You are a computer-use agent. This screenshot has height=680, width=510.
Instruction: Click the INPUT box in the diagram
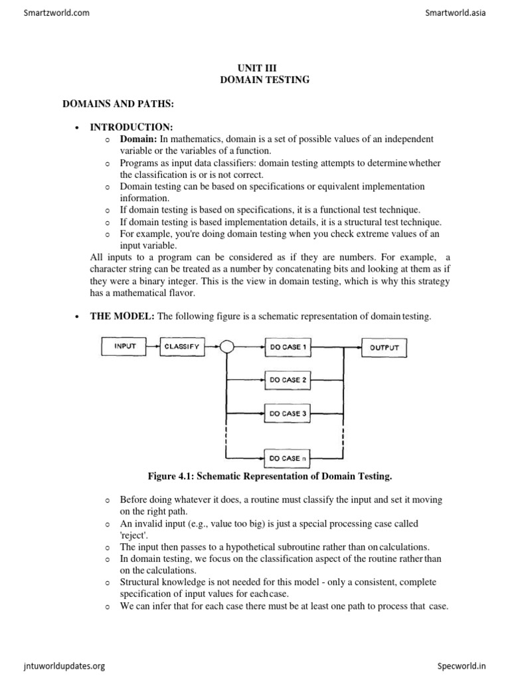coord(125,347)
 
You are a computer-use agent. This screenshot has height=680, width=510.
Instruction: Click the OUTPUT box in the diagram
coord(384,347)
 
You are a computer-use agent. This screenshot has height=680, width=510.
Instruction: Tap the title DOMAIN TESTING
coord(256,80)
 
